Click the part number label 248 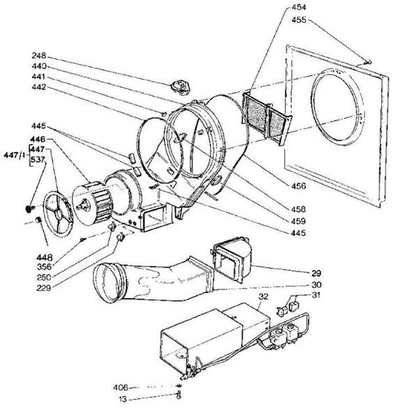pos(39,56)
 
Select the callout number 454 pos(299,7)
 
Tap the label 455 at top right pos(299,20)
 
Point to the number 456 pos(298,186)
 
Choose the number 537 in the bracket pos(38,160)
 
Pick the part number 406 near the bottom pos(121,387)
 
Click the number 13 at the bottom pos(123,400)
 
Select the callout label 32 pos(263,297)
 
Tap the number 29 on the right pos(316,273)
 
